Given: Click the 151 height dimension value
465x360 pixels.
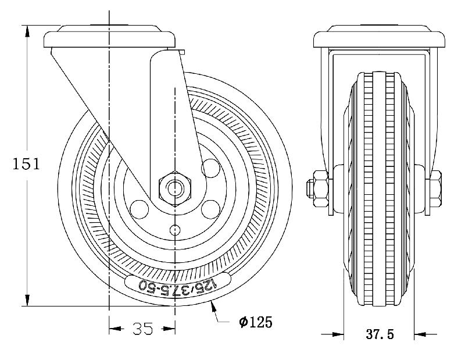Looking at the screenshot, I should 26,163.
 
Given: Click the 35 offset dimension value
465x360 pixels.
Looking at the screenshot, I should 142,329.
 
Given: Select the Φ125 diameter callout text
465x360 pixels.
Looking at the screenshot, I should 255,322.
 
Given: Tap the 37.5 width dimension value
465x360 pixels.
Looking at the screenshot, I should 380,335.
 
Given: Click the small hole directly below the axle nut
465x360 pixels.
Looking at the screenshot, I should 174,230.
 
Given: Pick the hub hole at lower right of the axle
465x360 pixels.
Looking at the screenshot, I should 210,208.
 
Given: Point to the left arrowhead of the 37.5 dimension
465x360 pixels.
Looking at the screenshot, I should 338,334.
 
